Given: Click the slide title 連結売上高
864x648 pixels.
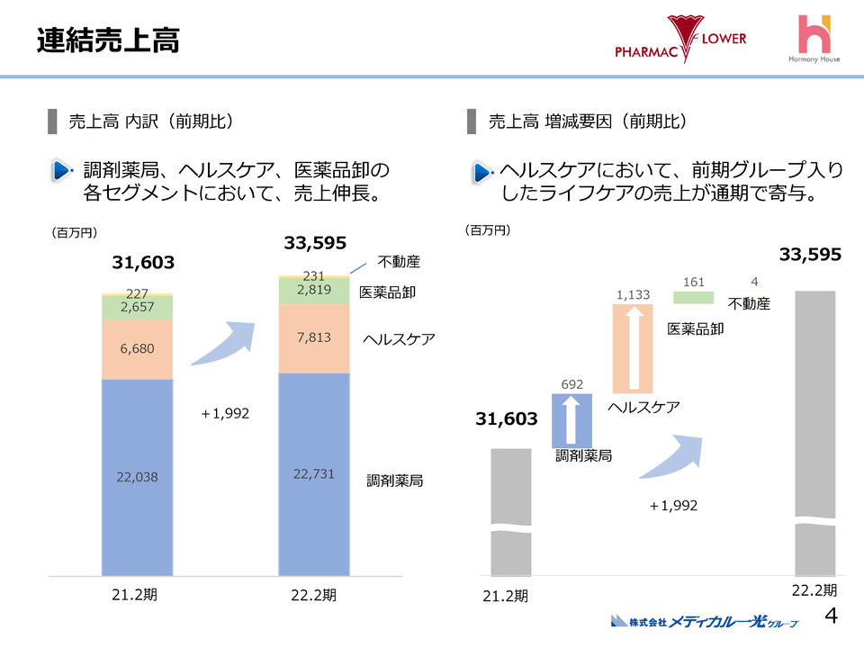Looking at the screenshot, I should click(x=108, y=40).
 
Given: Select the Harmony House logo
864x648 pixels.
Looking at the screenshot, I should click(x=815, y=40).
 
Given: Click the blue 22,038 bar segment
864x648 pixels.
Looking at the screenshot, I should click(x=138, y=477).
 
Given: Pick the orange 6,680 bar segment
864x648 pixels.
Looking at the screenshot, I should click(x=138, y=349).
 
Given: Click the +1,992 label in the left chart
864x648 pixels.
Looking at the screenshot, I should click(x=224, y=414).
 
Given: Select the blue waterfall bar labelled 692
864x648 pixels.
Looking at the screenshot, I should click(x=571, y=420).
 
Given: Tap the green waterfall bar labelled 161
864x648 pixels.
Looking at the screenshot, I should click(x=693, y=298).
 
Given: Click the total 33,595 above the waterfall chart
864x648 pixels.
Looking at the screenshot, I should click(x=810, y=255).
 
